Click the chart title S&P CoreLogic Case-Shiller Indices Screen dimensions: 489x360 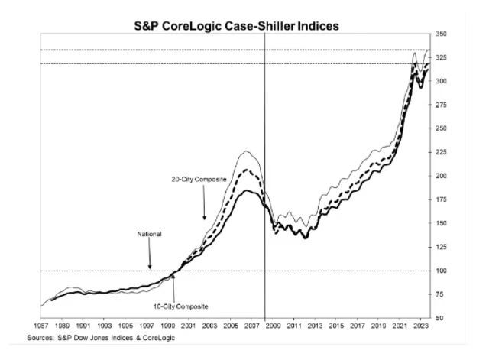[236, 25]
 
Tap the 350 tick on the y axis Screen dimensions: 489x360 [442, 34]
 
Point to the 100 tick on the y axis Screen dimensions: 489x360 [442, 271]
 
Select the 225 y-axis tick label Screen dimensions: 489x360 [442, 152]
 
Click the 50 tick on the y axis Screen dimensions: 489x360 [440, 318]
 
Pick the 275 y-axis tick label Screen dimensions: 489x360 [442, 105]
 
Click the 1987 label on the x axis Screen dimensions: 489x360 [40, 326]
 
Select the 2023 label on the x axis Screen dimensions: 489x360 [421, 326]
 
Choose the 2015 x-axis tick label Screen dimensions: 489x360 [336, 326]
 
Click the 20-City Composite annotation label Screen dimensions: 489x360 [199, 180]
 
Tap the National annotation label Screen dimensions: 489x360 [150, 234]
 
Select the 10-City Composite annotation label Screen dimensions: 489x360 [180, 306]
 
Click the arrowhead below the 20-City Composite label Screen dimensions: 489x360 [205, 217]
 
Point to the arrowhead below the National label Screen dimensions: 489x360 [150, 267]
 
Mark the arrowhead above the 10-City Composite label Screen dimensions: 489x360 [173, 277]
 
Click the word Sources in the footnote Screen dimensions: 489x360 [40, 338]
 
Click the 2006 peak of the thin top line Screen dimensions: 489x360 [246, 151]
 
